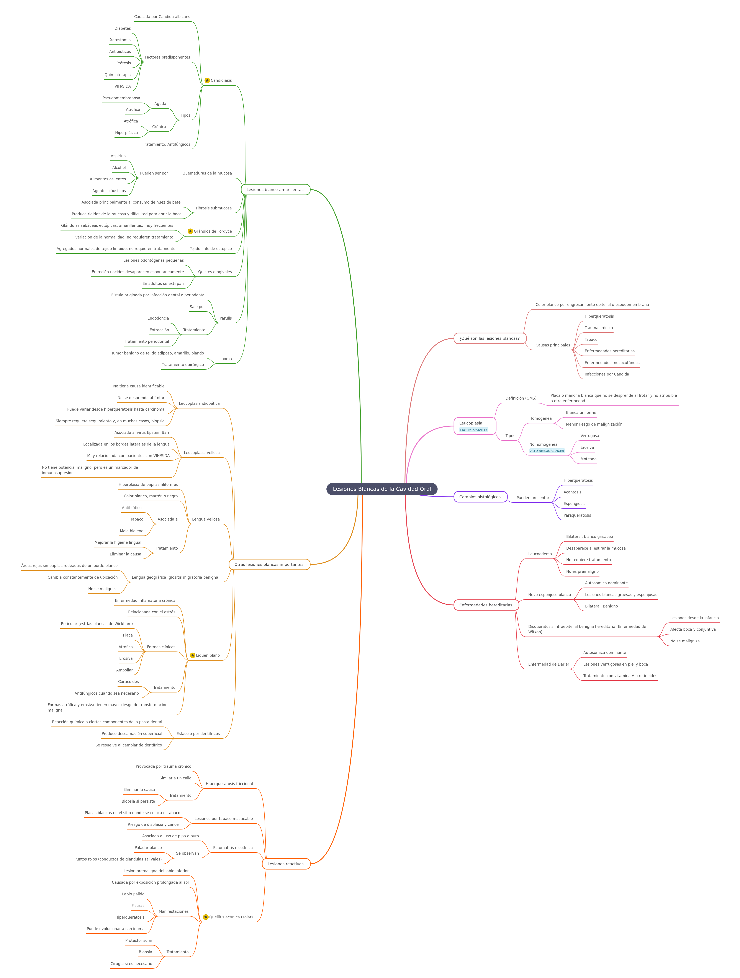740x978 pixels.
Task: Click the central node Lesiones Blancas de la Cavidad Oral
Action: [x=382, y=489]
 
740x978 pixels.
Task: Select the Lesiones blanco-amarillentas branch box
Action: [x=275, y=190]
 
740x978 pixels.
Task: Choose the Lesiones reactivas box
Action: [x=286, y=864]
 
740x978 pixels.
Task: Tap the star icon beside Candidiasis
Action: [x=207, y=80]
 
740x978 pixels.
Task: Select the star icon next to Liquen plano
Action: [x=192, y=655]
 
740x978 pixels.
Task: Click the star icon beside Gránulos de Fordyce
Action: [x=190, y=231]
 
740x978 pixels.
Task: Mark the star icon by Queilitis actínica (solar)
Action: [x=206, y=917]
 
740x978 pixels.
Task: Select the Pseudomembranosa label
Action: [x=121, y=98]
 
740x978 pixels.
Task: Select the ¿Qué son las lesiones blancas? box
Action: [x=490, y=338]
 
